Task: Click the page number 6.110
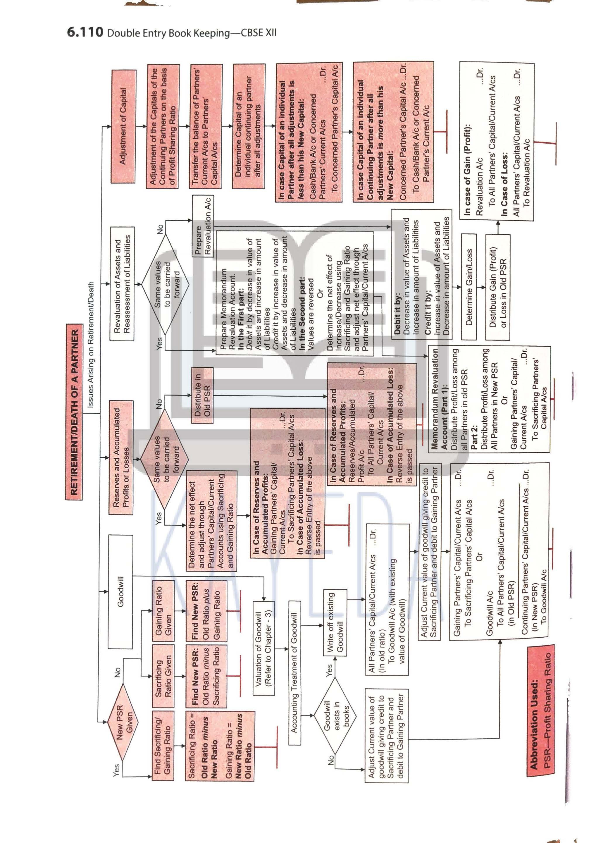point(85,32)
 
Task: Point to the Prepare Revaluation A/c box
point(203,226)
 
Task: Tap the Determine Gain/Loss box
point(469,287)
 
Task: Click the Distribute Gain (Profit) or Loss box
point(498,287)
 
